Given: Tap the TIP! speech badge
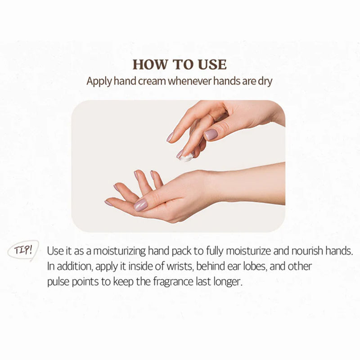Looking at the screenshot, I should coord(22,251).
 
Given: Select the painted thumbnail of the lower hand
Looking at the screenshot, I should coord(140,205).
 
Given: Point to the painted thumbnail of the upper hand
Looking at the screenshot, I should coord(211,134).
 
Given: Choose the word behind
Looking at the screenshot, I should coord(192,266).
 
